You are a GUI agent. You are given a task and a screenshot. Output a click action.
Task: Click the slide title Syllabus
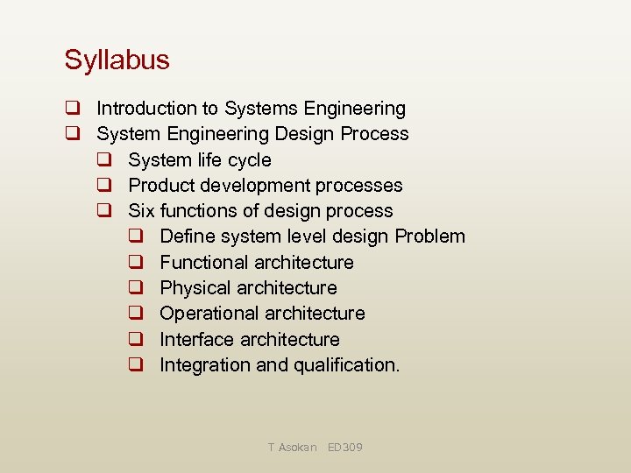pyautogui.click(x=117, y=60)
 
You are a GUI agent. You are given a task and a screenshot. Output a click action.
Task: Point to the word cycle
pyautogui.click(x=249, y=160)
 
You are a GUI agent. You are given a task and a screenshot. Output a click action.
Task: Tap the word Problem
pyautogui.click(x=430, y=236)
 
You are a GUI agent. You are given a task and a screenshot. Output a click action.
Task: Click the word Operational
pyautogui.click(x=210, y=314)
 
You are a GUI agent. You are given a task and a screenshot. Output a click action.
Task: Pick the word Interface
pyautogui.click(x=197, y=339)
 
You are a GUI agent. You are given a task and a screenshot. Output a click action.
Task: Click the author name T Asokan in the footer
pyautogui.click(x=292, y=448)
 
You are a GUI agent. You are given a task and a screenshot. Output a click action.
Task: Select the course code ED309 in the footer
pyautogui.click(x=344, y=448)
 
